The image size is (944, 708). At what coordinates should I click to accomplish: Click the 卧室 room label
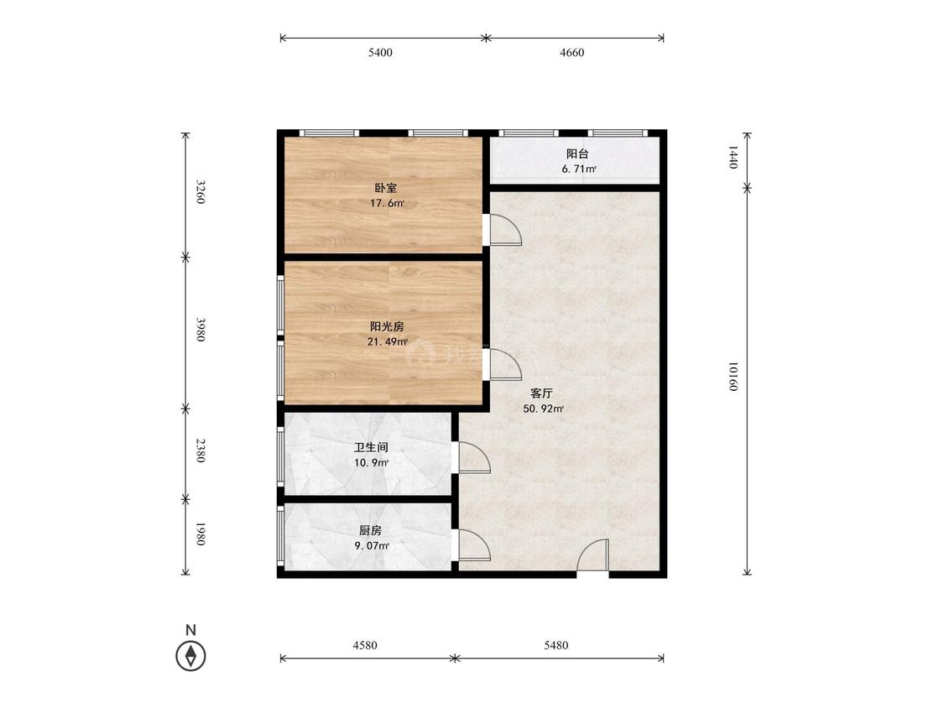386,189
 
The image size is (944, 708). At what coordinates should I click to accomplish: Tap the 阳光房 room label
387,327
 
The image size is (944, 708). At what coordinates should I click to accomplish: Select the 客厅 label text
541,393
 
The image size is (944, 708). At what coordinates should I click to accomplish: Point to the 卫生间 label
371,448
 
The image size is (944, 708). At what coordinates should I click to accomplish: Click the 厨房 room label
370,531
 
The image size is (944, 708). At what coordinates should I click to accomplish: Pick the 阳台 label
577,154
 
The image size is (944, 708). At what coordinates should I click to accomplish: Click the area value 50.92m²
543,409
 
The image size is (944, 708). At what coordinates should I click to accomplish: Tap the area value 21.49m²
388,342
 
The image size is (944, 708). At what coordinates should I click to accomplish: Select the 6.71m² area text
578,169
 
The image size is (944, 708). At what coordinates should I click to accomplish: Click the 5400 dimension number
380,52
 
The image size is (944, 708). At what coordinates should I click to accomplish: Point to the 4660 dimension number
572,52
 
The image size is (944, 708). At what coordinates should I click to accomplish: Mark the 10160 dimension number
733,377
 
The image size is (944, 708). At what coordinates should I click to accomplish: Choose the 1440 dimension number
733,157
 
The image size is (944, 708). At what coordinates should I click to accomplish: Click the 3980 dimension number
201,330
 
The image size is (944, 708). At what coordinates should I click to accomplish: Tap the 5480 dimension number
555,645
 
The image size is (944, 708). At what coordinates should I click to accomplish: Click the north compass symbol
190,654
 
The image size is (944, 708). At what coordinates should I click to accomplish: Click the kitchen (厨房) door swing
474,545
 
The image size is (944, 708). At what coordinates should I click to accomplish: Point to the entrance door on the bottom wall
593,555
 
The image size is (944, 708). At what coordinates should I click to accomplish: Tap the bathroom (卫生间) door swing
474,457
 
